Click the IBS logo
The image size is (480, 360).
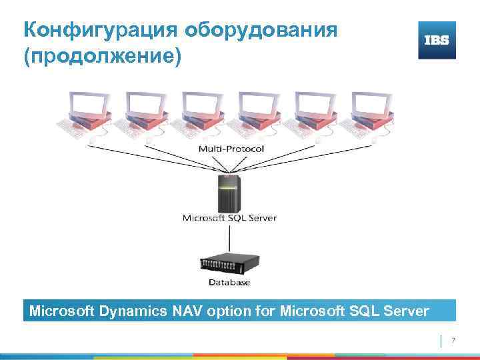(x=437, y=40)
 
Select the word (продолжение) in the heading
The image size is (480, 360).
(x=102, y=57)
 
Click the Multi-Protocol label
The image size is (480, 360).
(x=230, y=148)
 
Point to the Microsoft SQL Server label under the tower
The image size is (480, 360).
(x=229, y=217)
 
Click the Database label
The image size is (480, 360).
(x=229, y=282)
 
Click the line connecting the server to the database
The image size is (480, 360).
(x=229, y=237)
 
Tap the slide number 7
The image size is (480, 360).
(x=453, y=341)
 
